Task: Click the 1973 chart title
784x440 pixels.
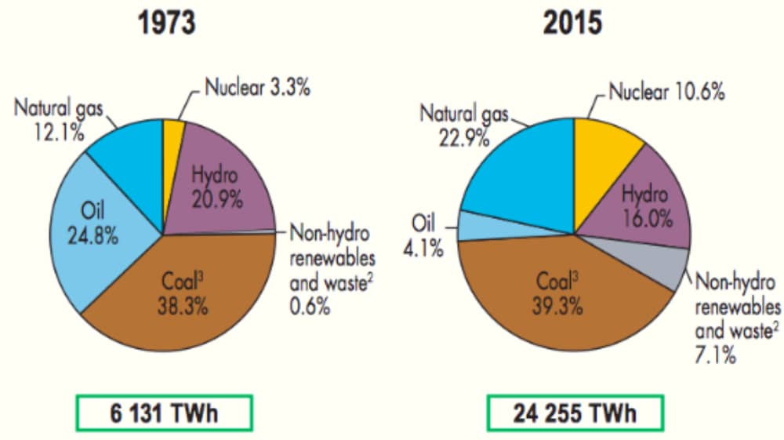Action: click(166, 23)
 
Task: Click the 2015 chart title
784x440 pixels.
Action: click(575, 23)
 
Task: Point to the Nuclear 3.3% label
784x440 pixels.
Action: click(257, 87)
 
